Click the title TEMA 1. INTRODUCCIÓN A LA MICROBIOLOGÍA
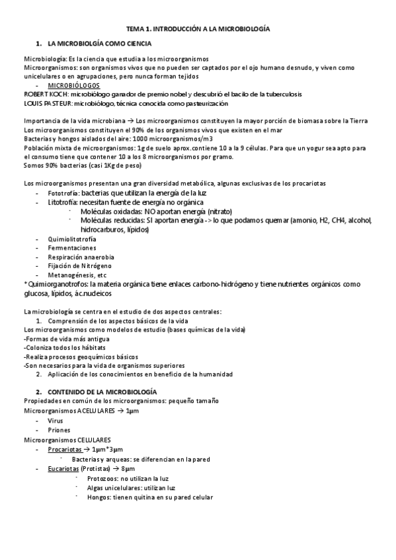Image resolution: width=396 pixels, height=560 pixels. pos(198,29)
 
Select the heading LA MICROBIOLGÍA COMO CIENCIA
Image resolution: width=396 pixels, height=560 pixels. pos(100,44)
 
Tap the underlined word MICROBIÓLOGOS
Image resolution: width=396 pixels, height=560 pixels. pos(74,86)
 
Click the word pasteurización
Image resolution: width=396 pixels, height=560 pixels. pos(202,104)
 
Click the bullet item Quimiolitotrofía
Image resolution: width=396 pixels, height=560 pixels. pos(71,238)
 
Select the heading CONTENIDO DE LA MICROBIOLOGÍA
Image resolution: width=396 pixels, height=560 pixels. pos(102,392)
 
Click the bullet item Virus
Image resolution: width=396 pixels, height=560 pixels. pos(56,420)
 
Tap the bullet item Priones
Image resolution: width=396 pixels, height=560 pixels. pos(59,429)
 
